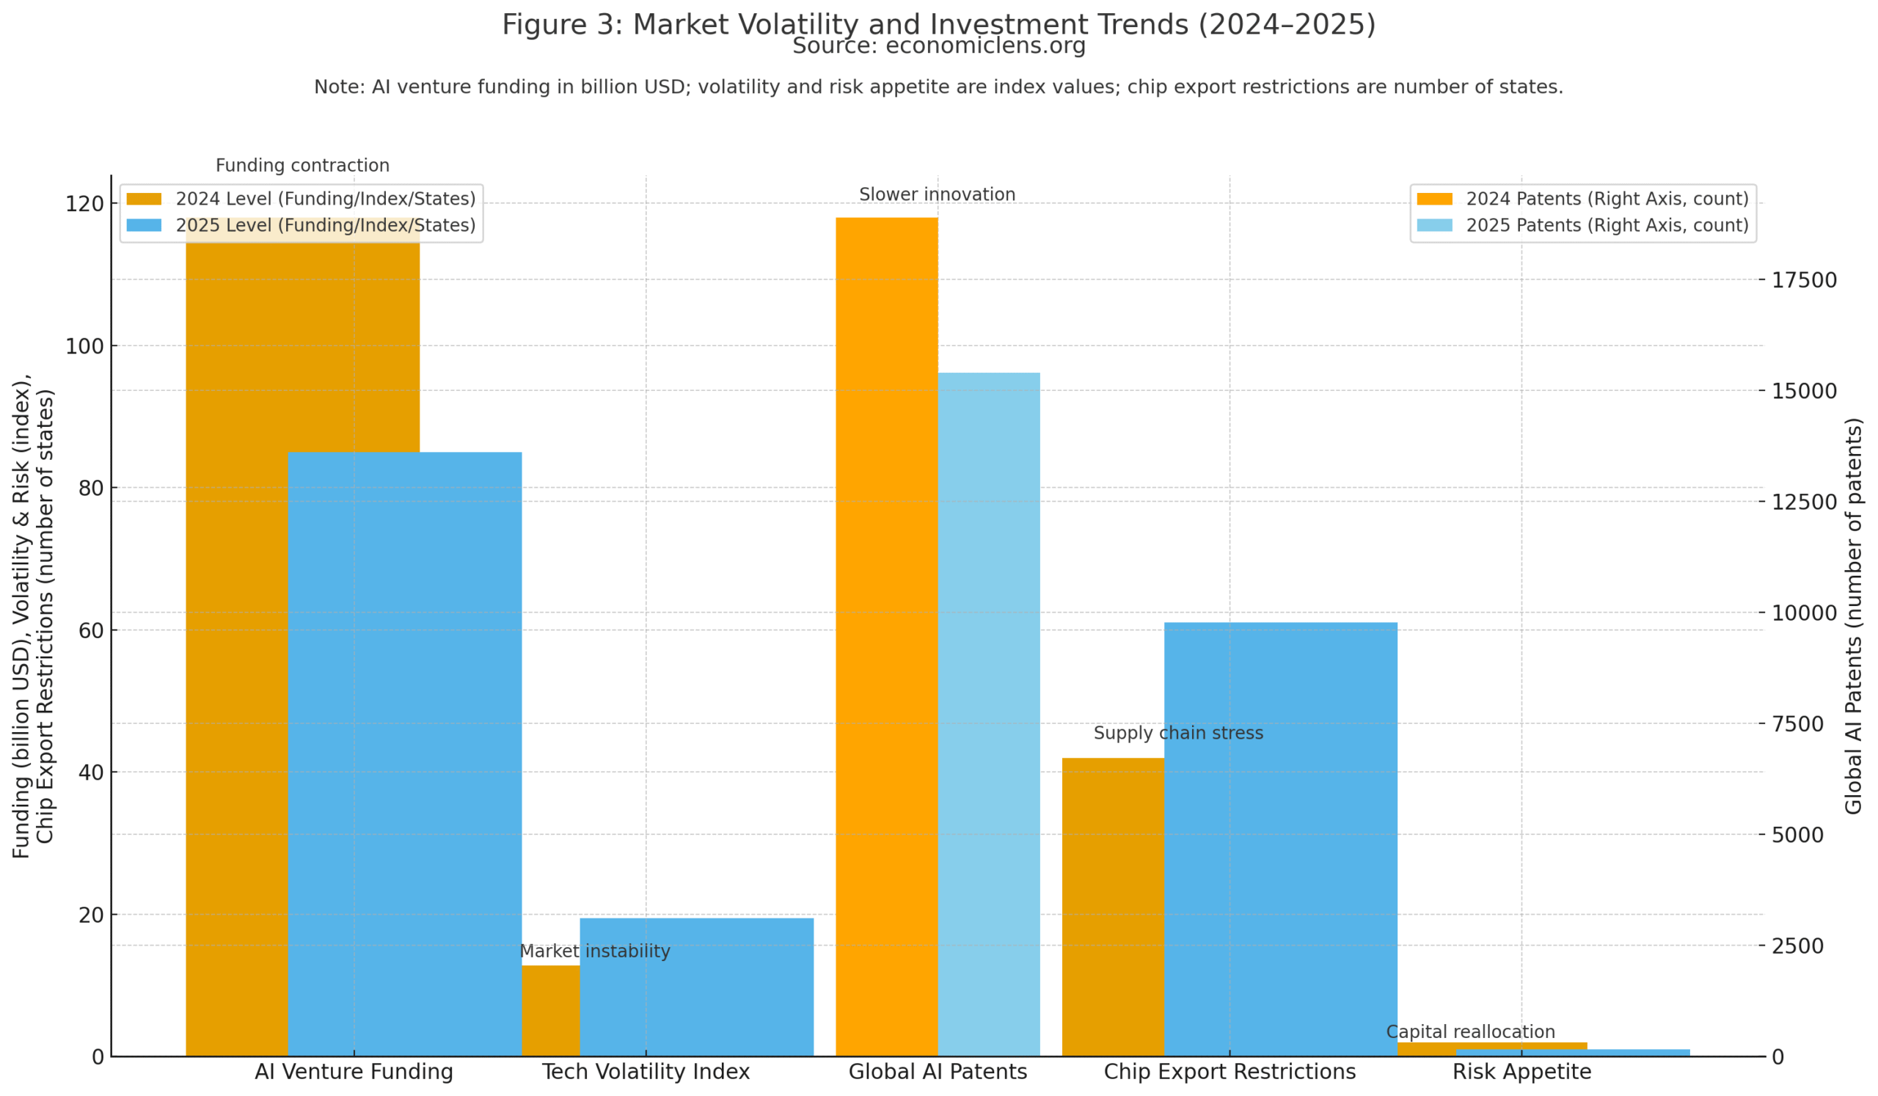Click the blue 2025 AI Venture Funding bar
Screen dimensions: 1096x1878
click(405, 753)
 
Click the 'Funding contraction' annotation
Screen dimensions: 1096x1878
click(302, 165)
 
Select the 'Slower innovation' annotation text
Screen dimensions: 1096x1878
click(937, 194)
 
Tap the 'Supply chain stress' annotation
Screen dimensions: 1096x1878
click(1178, 733)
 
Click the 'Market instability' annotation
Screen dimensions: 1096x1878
click(595, 951)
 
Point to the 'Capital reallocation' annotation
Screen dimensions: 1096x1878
click(1470, 1032)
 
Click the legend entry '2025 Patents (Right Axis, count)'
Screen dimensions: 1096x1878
click(1607, 225)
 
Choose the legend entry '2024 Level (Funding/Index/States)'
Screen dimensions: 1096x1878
click(325, 199)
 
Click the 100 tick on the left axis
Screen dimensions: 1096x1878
click(84, 346)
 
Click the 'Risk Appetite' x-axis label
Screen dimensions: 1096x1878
click(1521, 1072)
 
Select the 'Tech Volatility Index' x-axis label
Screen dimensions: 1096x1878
click(646, 1072)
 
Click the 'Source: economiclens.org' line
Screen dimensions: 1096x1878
click(938, 46)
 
